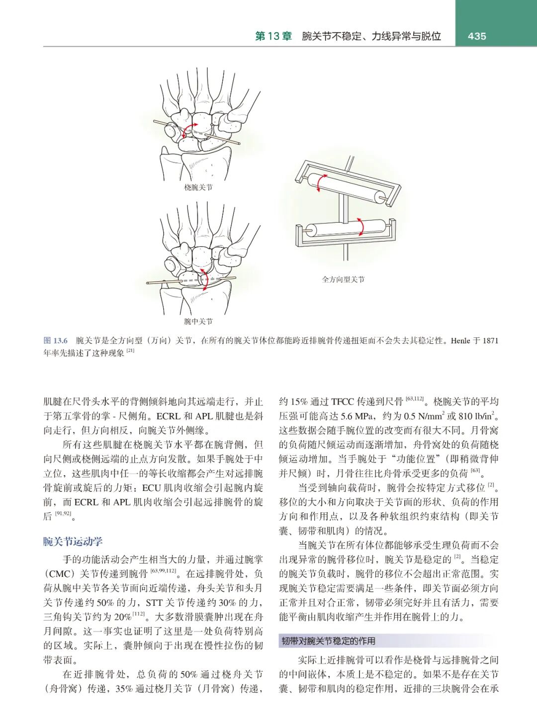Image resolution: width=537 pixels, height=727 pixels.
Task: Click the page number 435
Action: (x=476, y=36)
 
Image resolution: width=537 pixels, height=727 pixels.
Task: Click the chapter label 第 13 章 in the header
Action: (x=273, y=36)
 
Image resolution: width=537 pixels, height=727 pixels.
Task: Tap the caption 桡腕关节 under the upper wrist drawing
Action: (x=198, y=187)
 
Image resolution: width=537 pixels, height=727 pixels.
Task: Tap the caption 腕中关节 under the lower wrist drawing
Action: (x=198, y=322)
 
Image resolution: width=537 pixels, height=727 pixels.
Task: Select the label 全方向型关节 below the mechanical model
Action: (x=343, y=279)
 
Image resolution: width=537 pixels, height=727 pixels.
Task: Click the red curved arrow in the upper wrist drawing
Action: (x=188, y=130)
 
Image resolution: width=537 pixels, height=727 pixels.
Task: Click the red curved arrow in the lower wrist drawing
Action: (x=204, y=279)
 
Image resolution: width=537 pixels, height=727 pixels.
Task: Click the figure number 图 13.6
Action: (x=55, y=340)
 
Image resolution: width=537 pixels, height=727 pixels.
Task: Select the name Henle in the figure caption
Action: (x=460, y=340)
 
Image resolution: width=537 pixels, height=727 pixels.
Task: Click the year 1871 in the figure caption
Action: (x=490, y=340)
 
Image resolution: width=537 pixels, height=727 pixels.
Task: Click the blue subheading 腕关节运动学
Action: (x=73, y=541)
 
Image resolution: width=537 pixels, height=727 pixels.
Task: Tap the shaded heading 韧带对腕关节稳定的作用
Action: (x=328, y=641)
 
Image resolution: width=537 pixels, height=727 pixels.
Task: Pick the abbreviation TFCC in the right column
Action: (x=343, y=402)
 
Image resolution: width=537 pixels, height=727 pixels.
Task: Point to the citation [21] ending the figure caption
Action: (x=130, y=351)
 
